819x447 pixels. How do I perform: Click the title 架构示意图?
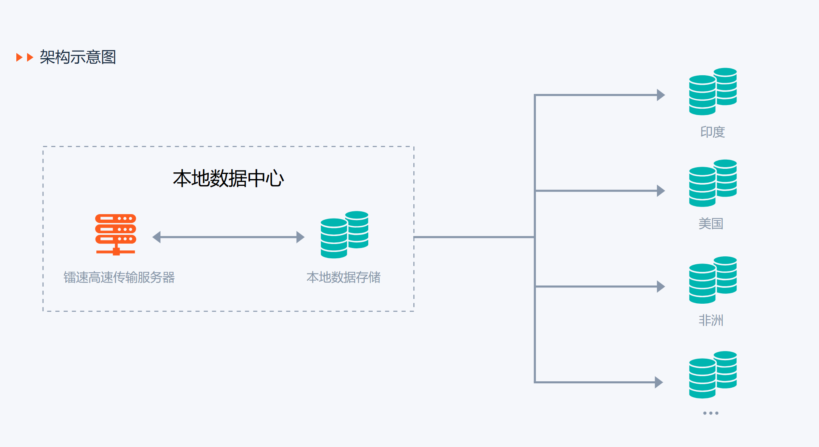tap(78, 57)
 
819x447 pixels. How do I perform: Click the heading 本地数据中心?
tap(228, 178)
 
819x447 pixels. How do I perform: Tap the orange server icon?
tap(115, 234)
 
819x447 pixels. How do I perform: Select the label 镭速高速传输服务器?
tap(119, 277)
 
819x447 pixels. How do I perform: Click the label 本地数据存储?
tap(343, 277)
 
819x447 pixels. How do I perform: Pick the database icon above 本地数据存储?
tap(344, 234)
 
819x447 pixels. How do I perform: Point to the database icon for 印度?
tap(713, 91)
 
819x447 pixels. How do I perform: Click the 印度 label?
tap(712, 132)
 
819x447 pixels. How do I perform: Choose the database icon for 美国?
tap(713, 183)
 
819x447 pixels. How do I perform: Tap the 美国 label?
tap(711, 224)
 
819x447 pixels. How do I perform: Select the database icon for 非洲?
tap(713, 280)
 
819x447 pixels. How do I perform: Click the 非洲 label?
tap(711, 320)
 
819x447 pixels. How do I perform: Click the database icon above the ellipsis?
tap(713, 375)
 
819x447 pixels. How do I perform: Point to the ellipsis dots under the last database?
tap(711, 413)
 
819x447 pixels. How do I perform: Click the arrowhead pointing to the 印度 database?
tap(661, 95)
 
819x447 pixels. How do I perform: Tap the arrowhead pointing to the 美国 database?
tap(661, 191)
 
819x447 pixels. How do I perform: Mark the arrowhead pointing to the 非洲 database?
tap(661, 287)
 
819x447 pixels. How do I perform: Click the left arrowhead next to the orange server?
tap(156, 237)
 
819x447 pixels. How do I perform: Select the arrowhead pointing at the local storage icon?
tap(300, 237)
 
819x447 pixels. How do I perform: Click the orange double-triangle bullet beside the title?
tap(24, 57)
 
